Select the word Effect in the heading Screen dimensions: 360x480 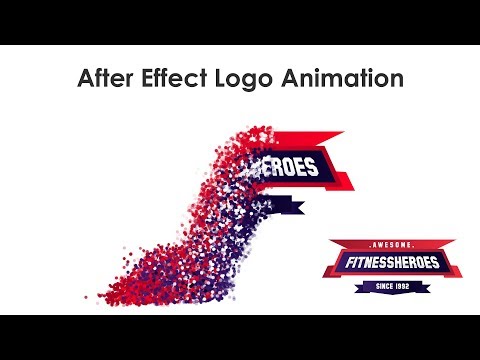(179, 79)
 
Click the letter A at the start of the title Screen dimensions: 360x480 (86, 79)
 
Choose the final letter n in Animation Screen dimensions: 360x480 (397, 80)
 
